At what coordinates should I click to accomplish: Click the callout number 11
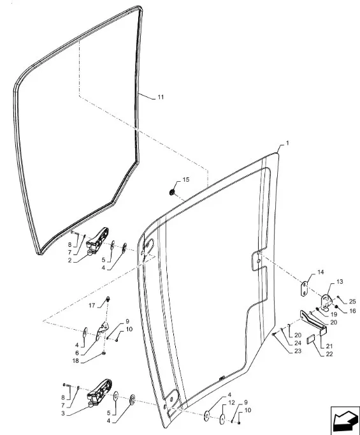point(161,97)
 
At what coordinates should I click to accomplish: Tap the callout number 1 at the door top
point(287,143)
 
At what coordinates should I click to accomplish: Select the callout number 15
point(186,179)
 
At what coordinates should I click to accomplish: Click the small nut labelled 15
point(172,192)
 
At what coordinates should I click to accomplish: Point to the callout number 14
point(320,272)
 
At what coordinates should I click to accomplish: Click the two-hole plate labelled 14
point(305,289)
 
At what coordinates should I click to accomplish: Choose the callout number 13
point(340,281)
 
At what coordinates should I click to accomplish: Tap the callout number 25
point(352,302)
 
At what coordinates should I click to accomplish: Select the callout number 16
point(352,311)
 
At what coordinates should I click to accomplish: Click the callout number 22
point(329,354)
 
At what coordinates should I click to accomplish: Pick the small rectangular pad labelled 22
point(311,341)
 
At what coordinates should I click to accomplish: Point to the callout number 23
point(298,351)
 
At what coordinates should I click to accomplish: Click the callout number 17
point(92,306)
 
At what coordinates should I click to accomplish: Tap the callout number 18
point(75,361)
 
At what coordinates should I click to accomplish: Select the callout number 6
point(76,353)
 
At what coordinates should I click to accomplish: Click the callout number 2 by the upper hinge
point(69,260)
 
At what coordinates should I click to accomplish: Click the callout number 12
point(231,402)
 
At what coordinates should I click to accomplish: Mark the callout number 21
point(329,346)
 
